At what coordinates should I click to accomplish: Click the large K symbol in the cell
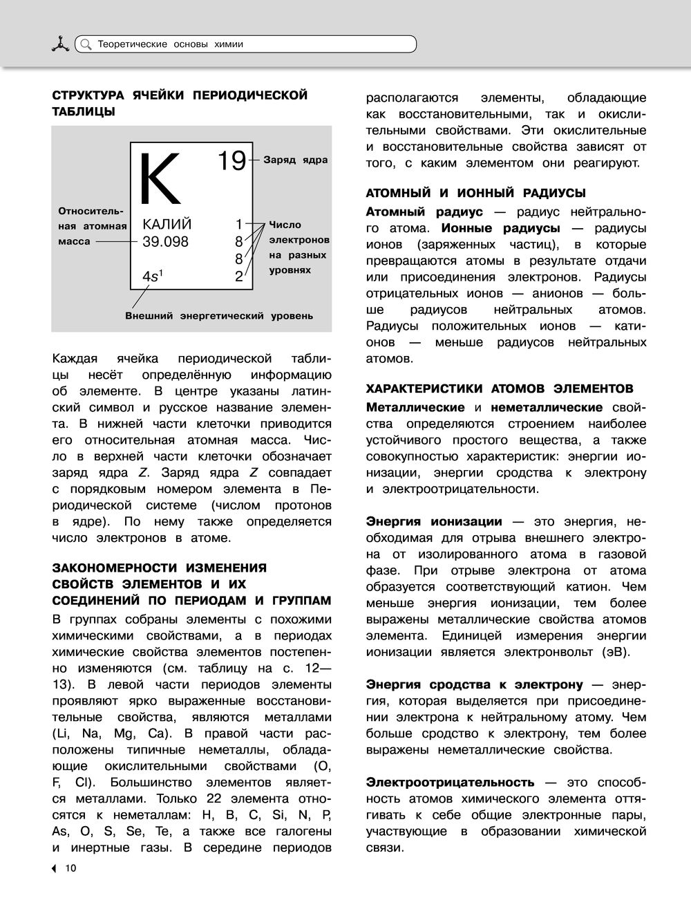tap(160, 179)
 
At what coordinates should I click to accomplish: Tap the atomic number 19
tap(232, 160)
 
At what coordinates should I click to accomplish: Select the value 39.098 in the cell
tap(165, 242)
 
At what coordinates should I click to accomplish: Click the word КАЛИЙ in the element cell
tap(167, 225)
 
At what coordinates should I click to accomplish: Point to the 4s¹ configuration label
tap(153, 277)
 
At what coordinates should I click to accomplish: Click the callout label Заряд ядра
tap(295, 160)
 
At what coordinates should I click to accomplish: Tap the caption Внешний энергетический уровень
tap(219, 316)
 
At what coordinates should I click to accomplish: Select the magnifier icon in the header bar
tap(86, 44)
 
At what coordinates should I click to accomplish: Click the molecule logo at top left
tap(61, 44)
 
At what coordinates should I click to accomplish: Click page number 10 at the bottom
tap(70, 869)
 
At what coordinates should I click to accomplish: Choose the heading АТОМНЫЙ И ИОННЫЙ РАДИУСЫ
tap(475, 193)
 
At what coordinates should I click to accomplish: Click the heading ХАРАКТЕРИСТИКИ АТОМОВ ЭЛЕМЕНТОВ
tap(499, 389)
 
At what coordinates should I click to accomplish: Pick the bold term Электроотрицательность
tap(450, 782)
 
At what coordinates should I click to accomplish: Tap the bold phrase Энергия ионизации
tap(434, 521)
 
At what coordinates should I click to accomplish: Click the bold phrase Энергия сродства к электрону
tap(475, 684)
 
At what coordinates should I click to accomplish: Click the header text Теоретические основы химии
tap(171, 44)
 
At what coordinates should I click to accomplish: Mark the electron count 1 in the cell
tap(239, 225)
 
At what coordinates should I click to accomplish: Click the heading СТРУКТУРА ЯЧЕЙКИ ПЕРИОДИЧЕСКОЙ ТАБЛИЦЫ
tap(180, 102)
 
